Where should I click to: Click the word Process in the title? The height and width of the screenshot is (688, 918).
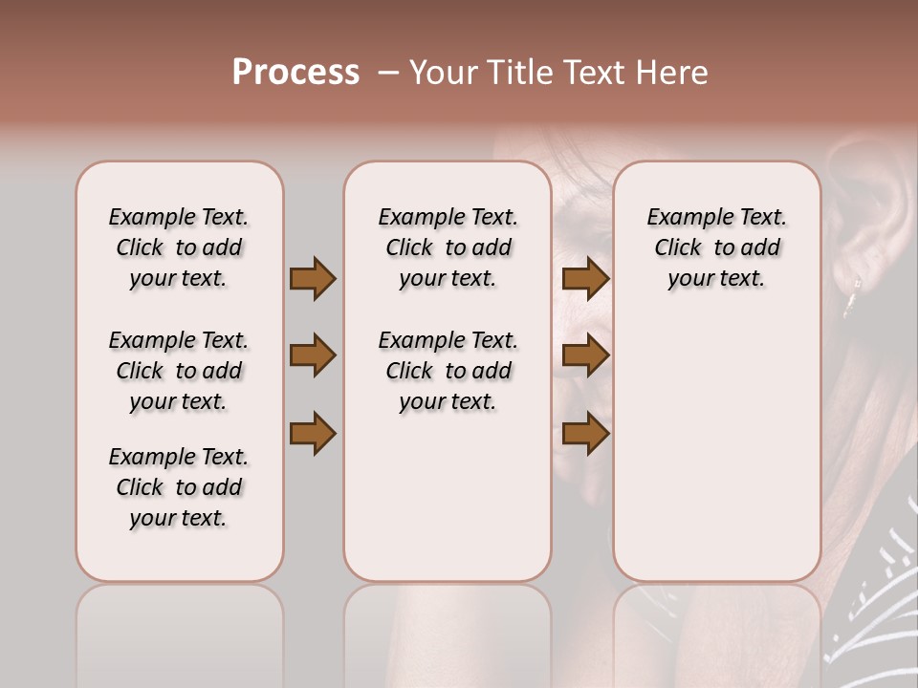tap(295, 73)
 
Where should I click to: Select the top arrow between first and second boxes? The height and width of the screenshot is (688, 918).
tap(313, 279)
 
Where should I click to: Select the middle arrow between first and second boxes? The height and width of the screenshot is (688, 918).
tap(313, 355)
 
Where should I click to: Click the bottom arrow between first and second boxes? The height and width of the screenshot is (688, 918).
tap(313, 433)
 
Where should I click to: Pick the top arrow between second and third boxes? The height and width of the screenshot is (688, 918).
tap(585, 279)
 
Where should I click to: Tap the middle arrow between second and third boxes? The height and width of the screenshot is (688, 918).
tap(585, 355)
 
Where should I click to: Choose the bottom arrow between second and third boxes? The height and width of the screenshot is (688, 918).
tap(585, 433)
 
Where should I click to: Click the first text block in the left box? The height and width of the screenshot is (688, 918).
tap(179, 247)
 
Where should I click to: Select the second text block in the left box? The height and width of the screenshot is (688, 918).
tap(179, 371)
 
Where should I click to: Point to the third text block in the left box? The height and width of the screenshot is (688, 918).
tap(179, 487)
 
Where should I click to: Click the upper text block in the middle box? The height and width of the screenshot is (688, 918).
tap(448, 247)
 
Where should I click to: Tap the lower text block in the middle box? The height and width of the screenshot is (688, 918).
tap(448, 371)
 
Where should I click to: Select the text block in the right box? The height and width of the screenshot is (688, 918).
tap(716, 247)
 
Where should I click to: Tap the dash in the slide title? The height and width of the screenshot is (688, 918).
tap(388, 73)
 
